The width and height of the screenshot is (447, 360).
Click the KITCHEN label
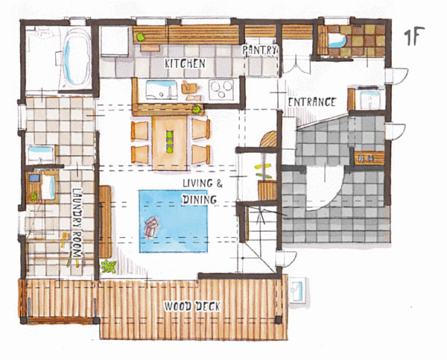point(185,63)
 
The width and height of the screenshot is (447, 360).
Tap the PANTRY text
point(259,50)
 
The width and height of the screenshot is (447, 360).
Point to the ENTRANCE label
point(311,102)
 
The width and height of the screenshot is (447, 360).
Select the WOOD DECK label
point(192,306)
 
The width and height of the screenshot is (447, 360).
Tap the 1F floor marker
point(414,36)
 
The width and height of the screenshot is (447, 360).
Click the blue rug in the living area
point(174,221)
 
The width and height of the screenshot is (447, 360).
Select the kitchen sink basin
point(162,89)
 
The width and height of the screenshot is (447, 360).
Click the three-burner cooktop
point(221,89)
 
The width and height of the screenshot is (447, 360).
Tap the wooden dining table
point(169,142)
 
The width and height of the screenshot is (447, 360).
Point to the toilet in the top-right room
point(337,41)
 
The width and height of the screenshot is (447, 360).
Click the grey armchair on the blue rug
point(150,227)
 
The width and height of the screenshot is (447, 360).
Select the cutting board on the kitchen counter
point(188,87)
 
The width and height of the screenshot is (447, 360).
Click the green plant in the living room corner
point(108,267)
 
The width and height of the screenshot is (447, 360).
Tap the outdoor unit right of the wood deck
point(297,290)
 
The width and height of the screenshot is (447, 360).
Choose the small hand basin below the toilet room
point(370,98)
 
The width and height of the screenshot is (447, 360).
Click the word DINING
point(199,199)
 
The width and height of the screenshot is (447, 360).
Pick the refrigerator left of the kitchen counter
point(115,42)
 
